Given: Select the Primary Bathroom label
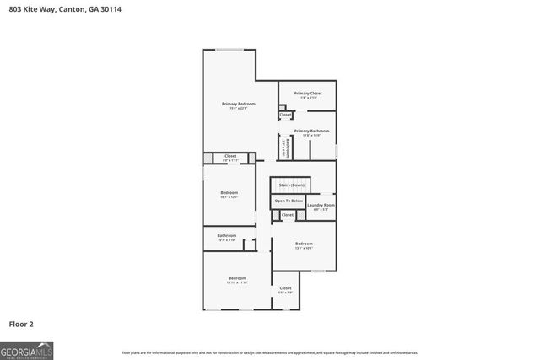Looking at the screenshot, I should pos(311,131).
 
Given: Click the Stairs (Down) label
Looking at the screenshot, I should pos(291,185).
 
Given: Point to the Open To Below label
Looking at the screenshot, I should pos(288,201).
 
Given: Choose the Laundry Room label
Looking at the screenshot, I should pos(321,205).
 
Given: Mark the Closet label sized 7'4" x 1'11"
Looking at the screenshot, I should pos(230,156).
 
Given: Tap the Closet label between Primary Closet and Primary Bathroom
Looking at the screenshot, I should pos(285,114).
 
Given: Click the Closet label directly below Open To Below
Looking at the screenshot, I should pos(287,215).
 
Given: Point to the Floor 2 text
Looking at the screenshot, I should pos(21,323).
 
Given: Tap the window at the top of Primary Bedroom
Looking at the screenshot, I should pos(229,51).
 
